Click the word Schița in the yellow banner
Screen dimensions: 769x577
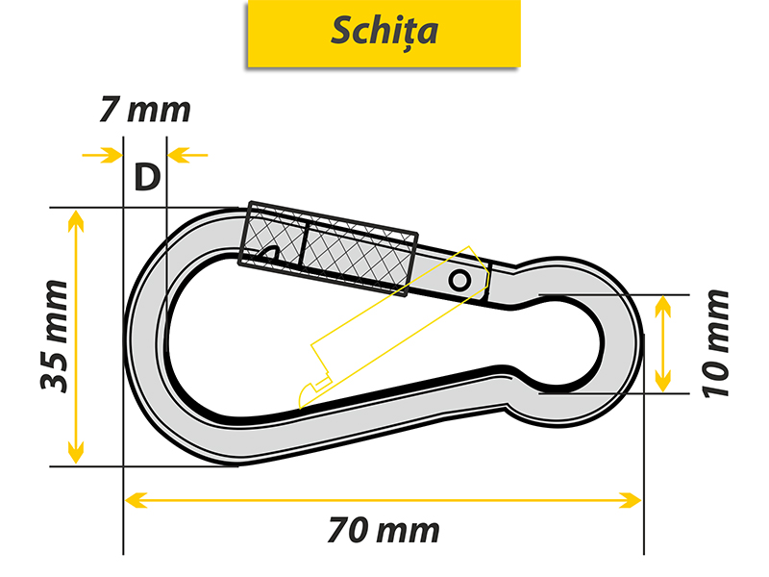pos(384,31)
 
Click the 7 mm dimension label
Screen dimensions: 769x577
pos(145,110)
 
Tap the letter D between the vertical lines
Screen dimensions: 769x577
pos(147,177)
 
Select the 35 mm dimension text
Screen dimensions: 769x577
pos(55,336)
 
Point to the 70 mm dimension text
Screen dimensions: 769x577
pos(384,531)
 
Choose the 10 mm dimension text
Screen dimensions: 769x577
pos(716,344)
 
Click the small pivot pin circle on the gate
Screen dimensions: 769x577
pos(459,281)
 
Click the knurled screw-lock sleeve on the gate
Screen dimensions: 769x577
pos(328,249)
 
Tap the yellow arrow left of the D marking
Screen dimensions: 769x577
pos(102,155)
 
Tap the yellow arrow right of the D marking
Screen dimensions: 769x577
pos(187,155)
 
